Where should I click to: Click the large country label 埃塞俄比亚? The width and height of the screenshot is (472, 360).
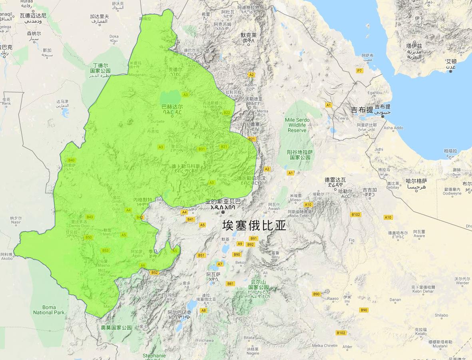click(x=254, y=226)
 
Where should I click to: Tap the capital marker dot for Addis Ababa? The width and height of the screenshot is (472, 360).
click(x=223, y=212)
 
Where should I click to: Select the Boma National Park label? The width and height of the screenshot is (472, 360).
click(x=49, y=310)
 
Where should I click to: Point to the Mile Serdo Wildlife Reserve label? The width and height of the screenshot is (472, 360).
click(x=297, y=125)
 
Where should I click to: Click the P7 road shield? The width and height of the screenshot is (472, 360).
click(x=359, y=71)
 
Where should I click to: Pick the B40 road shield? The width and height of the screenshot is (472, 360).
click(x=72, y=160)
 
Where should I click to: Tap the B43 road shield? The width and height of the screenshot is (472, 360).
click(x=90, y=217)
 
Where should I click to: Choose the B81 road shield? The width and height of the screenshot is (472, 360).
click(x=230, y=284)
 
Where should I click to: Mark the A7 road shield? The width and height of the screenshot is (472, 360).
click(x=220, y=264)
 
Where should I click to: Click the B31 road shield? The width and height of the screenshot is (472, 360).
click(x=202, y=149)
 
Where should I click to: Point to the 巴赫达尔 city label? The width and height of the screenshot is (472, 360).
click(x=172, y=109)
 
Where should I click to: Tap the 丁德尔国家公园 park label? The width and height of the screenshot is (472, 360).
click(x=100, y=68)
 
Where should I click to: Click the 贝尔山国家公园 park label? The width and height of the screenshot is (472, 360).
click(x=259, y=287)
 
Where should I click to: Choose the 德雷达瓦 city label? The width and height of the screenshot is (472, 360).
click(x=335, y=182)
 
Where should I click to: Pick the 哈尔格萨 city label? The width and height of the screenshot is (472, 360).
click(x=416, y=183)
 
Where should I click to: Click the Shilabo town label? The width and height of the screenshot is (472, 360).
click(x=441, y=315)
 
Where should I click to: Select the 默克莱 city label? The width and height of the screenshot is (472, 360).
click(x=248, y=38)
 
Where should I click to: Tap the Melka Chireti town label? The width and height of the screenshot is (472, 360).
click(x=325, y=345)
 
